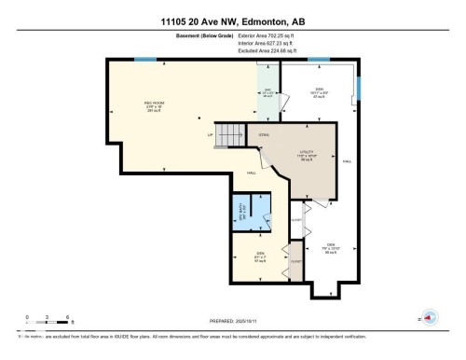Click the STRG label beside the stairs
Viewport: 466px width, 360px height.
(x=264, y=134)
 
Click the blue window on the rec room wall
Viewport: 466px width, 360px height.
(x=144, y=61)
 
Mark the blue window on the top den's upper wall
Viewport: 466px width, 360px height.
(x=319, y=61)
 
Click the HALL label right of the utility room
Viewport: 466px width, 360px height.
(x=347, y=162)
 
